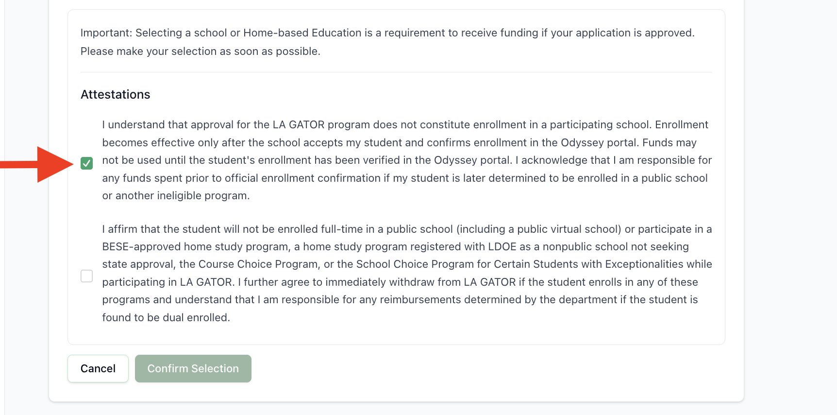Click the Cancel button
98,368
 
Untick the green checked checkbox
86,163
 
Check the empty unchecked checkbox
86,276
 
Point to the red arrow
44,164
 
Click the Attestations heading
115,94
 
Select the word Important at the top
106,33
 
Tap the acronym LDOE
502,246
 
